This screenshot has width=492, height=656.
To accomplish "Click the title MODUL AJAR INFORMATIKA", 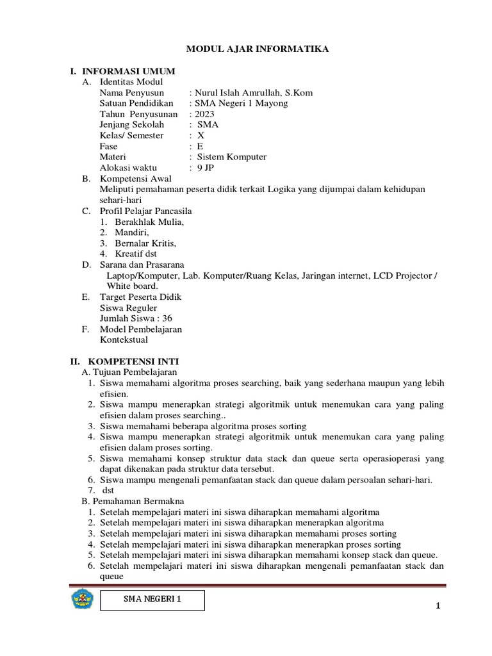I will click(x=257, y=48).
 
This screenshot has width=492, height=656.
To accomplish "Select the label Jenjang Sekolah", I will click(x=132, y=125).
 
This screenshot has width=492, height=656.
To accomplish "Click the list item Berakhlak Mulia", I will click(x=149, y=222).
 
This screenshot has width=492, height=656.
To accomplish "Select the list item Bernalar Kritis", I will click(x=145, y=243).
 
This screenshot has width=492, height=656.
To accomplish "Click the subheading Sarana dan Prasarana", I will click(x=142, y=265).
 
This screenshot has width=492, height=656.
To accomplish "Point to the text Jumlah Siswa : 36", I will click(x=136, y=318).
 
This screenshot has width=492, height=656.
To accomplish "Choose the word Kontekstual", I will click(x=124, y=340).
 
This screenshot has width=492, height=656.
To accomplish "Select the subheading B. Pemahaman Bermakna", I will click(x=131, y=501).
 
